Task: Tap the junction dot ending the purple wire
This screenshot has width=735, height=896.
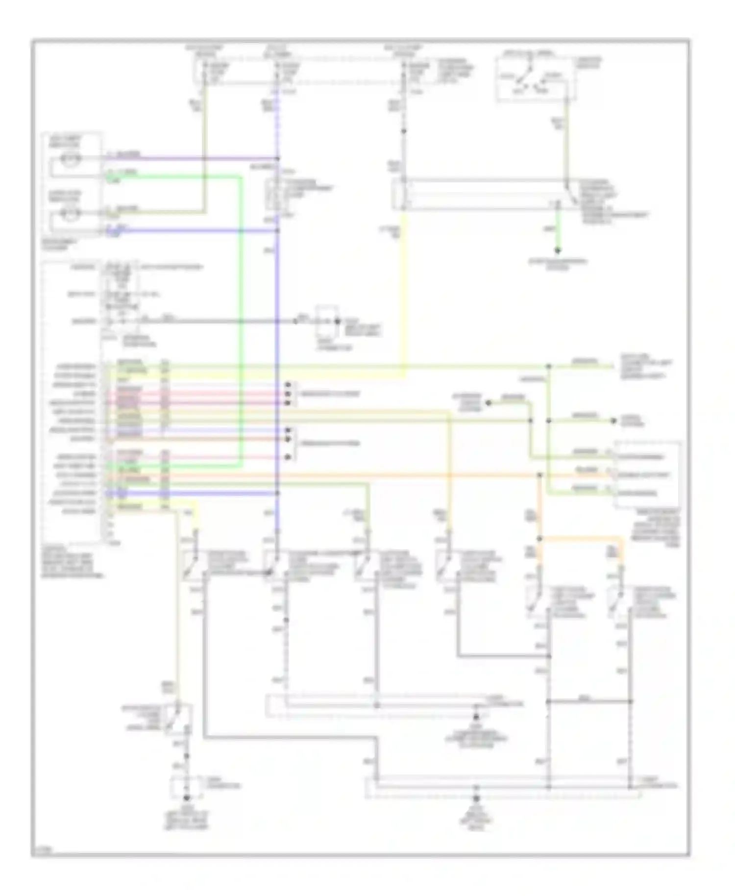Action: (x=278, y=158)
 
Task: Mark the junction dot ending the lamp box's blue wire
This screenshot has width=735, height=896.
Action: (x=278, y=230)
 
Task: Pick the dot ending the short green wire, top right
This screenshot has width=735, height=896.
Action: (x=557, y=251)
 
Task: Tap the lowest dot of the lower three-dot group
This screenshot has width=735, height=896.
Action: (x=289, y=457)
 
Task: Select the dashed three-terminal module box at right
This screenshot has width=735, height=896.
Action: (x=647, y=474)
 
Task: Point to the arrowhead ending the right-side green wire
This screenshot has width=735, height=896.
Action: (x=612, y=421)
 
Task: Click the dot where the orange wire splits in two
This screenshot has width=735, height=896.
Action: (x=539, y=539)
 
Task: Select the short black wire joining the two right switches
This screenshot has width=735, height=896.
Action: (x=588, y=701)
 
